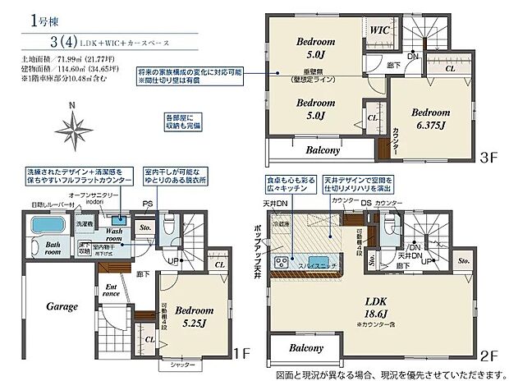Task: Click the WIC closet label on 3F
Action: [x=379, y=30]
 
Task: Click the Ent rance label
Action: [x=113, y=291]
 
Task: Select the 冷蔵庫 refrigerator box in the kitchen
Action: [x=282, y=223]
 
